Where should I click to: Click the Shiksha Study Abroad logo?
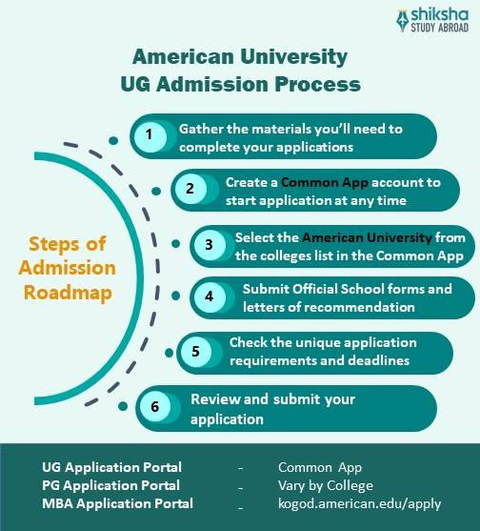coord(432,21)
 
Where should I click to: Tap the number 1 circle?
coord(150,136)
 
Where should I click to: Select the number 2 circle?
coord(190,189)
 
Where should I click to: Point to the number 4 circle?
coord(210,297)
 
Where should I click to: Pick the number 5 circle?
coord(196,352)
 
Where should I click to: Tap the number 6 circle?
coord(155,406)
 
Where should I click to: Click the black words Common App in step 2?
coord(325,183)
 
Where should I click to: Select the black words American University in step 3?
coord(367,237)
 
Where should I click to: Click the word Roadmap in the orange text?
coord(68,294)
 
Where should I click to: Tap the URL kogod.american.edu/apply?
coord(360,504)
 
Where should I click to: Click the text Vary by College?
coord(326,485)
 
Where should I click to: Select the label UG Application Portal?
coord(111,467)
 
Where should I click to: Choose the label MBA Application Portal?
coord(117,503)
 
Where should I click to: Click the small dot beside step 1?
coord(113,140)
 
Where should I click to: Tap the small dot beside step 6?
coord(123,406)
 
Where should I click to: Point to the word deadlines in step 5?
coord(378,360)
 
